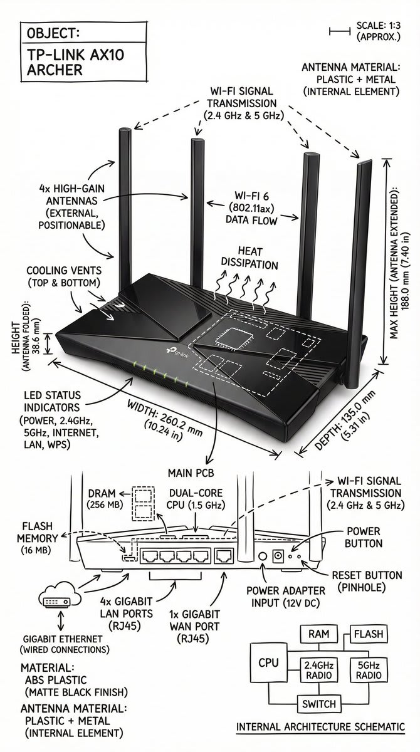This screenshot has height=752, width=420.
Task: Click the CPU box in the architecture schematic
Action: tap(268, 663)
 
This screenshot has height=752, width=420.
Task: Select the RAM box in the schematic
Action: tap(314, 634)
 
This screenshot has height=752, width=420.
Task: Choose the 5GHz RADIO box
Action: tap(368, 669)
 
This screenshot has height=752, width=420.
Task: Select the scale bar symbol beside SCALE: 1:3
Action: tap(340, 29)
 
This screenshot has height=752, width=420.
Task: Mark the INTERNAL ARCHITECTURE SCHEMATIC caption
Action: tap(320, 727)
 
